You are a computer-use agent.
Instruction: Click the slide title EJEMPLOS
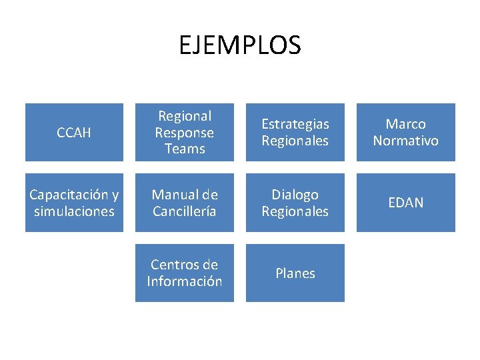[x=240, y=45]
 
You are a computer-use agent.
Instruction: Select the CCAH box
[x=74, y=133]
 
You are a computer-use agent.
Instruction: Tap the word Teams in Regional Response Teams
[x=185, y=149]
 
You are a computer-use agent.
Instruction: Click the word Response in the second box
[x=185, y=133]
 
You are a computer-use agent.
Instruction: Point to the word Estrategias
[x=295, y=124]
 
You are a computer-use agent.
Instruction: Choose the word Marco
[x=405, y=124]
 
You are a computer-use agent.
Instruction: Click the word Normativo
[x=405, y=141]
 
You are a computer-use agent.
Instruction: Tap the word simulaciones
[x=74, y=211]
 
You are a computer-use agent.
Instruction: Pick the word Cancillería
[x=185, y=211]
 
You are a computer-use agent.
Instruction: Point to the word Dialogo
[x=295, y=195]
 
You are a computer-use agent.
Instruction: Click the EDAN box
[x=405, y=203]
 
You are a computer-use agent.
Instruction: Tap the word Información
[x=185, y=281]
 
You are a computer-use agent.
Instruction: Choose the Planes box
[x=295, y=273]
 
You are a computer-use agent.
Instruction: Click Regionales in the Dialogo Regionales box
[x=295, y=211]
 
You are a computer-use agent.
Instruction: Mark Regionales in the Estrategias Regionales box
[x=295, y=141]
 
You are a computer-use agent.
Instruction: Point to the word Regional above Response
[x=185, y=116]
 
